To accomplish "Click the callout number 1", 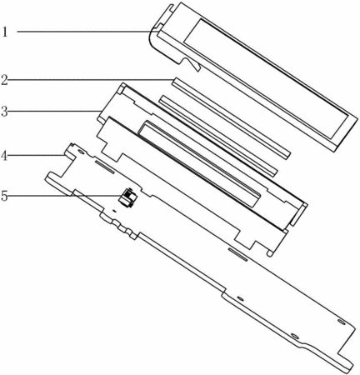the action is coord(5,32).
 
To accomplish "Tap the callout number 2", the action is coord(4,79).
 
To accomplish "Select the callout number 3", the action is coord(4,112).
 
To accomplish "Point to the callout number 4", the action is coord(4,156).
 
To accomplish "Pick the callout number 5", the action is coord(4,196).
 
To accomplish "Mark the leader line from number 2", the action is coord(90,80).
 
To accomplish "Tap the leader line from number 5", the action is coord(66,196).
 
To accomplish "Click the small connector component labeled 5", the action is coord(127,197).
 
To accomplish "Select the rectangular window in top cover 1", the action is coord(266,79).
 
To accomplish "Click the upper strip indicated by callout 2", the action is coord(231,118).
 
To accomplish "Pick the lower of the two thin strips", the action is coord(217,136).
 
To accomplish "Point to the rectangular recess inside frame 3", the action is coord(199,164).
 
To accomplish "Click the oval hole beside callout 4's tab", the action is coord(81,152).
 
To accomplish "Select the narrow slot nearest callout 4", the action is coord(104,167).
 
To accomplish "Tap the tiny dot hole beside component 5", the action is coord(115,210).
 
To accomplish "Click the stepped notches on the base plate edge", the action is coord(118,226).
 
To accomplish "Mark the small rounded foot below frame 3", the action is coord(269,253).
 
